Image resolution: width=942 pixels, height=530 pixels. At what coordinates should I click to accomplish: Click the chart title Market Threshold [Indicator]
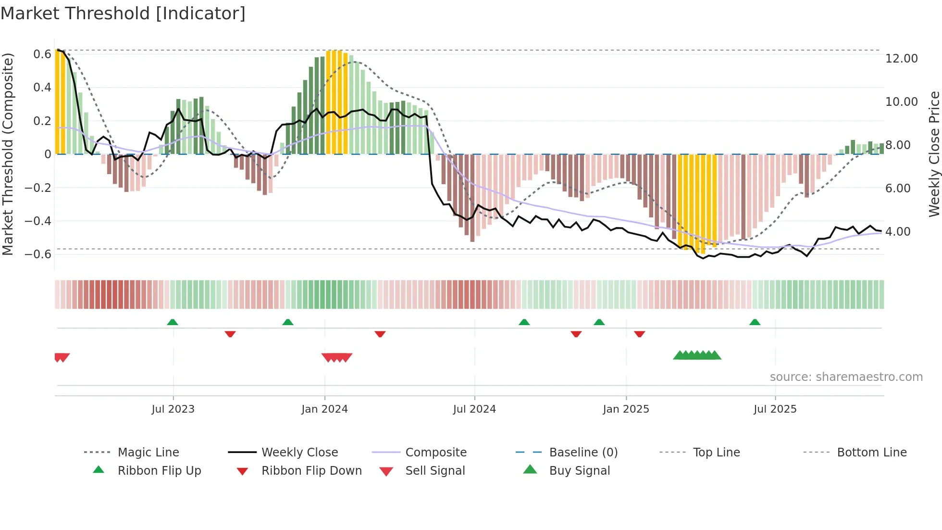click(x=123, y=13)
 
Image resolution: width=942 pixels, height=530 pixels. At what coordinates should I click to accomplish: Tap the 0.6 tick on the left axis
click(x=42, y=54)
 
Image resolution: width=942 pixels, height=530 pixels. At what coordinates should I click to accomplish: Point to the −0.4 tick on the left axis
click(x=38, y=221)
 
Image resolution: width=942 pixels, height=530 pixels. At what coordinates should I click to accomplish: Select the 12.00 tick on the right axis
click(x=901, y=59)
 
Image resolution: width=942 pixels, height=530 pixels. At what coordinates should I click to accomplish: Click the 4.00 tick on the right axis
click(x=898, y=232)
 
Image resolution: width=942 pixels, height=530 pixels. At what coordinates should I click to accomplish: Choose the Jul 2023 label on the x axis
click(x=173, y=409)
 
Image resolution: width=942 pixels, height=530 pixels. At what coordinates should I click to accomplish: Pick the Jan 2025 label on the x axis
click(x=626, y=409)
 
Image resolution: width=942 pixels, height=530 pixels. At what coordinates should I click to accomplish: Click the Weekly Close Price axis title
click(x=934, y=154)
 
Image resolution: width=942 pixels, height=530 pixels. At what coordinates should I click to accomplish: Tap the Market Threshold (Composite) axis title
click(x=8, y=154)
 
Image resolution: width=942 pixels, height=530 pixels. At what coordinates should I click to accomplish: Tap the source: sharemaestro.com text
click(x=846, y=377)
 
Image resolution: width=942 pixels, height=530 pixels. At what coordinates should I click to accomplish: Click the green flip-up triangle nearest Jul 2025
click(x=755, y=322)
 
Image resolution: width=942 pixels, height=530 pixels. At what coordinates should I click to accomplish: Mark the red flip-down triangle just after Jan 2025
click(x=639, y=334)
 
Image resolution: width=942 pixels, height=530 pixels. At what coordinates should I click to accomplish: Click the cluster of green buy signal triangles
click(x=697, y=355)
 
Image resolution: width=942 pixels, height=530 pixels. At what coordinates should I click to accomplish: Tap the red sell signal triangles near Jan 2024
click(x=337, y=357)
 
